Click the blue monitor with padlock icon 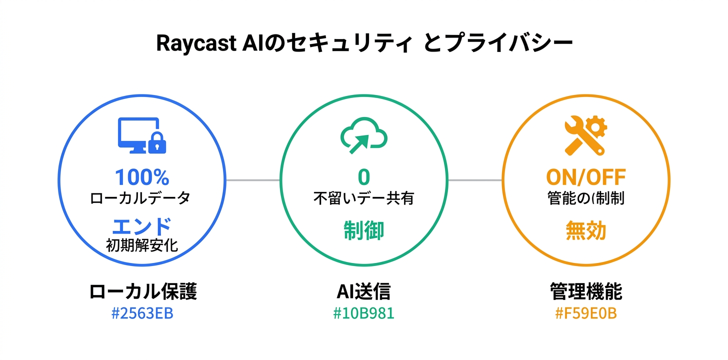[142, 135]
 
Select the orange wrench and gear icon [585, 135]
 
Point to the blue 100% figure [142, 177]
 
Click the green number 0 [363, 177]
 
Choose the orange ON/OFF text [585, 177]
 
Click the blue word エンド [142, 226]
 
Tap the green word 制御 [363, 230]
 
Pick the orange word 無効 [585, 230]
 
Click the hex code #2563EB [142, 314]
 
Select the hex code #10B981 [363, 314]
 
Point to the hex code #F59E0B [585, 314]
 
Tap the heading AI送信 [363, 292]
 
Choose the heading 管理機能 [585, 292]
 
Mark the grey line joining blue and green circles [253, 180]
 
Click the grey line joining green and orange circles [475, 180]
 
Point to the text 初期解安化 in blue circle [142, 245]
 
